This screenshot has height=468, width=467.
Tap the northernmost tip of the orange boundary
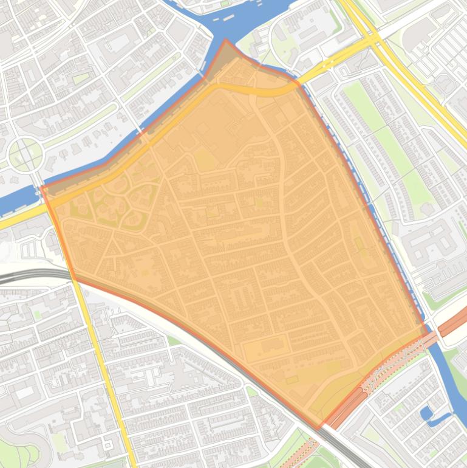click(226, 40)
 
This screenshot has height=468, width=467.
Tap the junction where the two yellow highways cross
click(373, 40)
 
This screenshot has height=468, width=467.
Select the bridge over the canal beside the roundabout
click(36, 182)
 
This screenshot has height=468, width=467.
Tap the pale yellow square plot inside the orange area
click(206, 161)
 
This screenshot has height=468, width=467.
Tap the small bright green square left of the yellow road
click(38, 315)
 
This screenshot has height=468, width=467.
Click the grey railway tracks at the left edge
click(18, 275)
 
